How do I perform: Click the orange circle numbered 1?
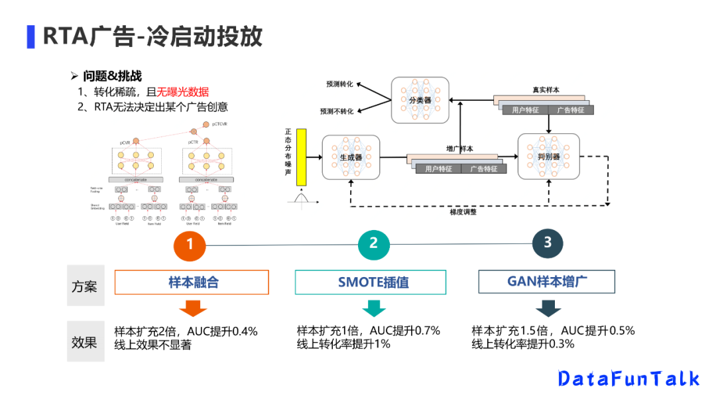pos(190,245)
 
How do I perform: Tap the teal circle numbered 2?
pos(374,243)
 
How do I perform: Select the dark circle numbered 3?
pos(548,243)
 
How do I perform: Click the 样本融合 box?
pos(192,282)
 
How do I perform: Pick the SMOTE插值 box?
pos(370,282)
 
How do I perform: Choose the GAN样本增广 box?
pos(548,282)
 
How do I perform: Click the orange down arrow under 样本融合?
pos(193,308)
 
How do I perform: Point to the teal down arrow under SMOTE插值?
pos(374,308)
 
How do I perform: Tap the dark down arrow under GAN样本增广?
pos(548,308)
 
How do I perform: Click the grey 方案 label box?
pos(85,286)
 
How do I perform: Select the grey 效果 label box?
pos(85,341)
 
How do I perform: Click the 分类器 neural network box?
pos(420,100)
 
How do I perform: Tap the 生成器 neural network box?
pos(351,157)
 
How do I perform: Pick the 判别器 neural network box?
pos(548,156)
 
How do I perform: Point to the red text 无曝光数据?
pos(182,92)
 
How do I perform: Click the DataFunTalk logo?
pos(628,378)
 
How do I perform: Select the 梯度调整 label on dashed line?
pos(463,212)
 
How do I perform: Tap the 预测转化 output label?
pos(339,85)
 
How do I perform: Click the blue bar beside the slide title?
pos(30,36)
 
